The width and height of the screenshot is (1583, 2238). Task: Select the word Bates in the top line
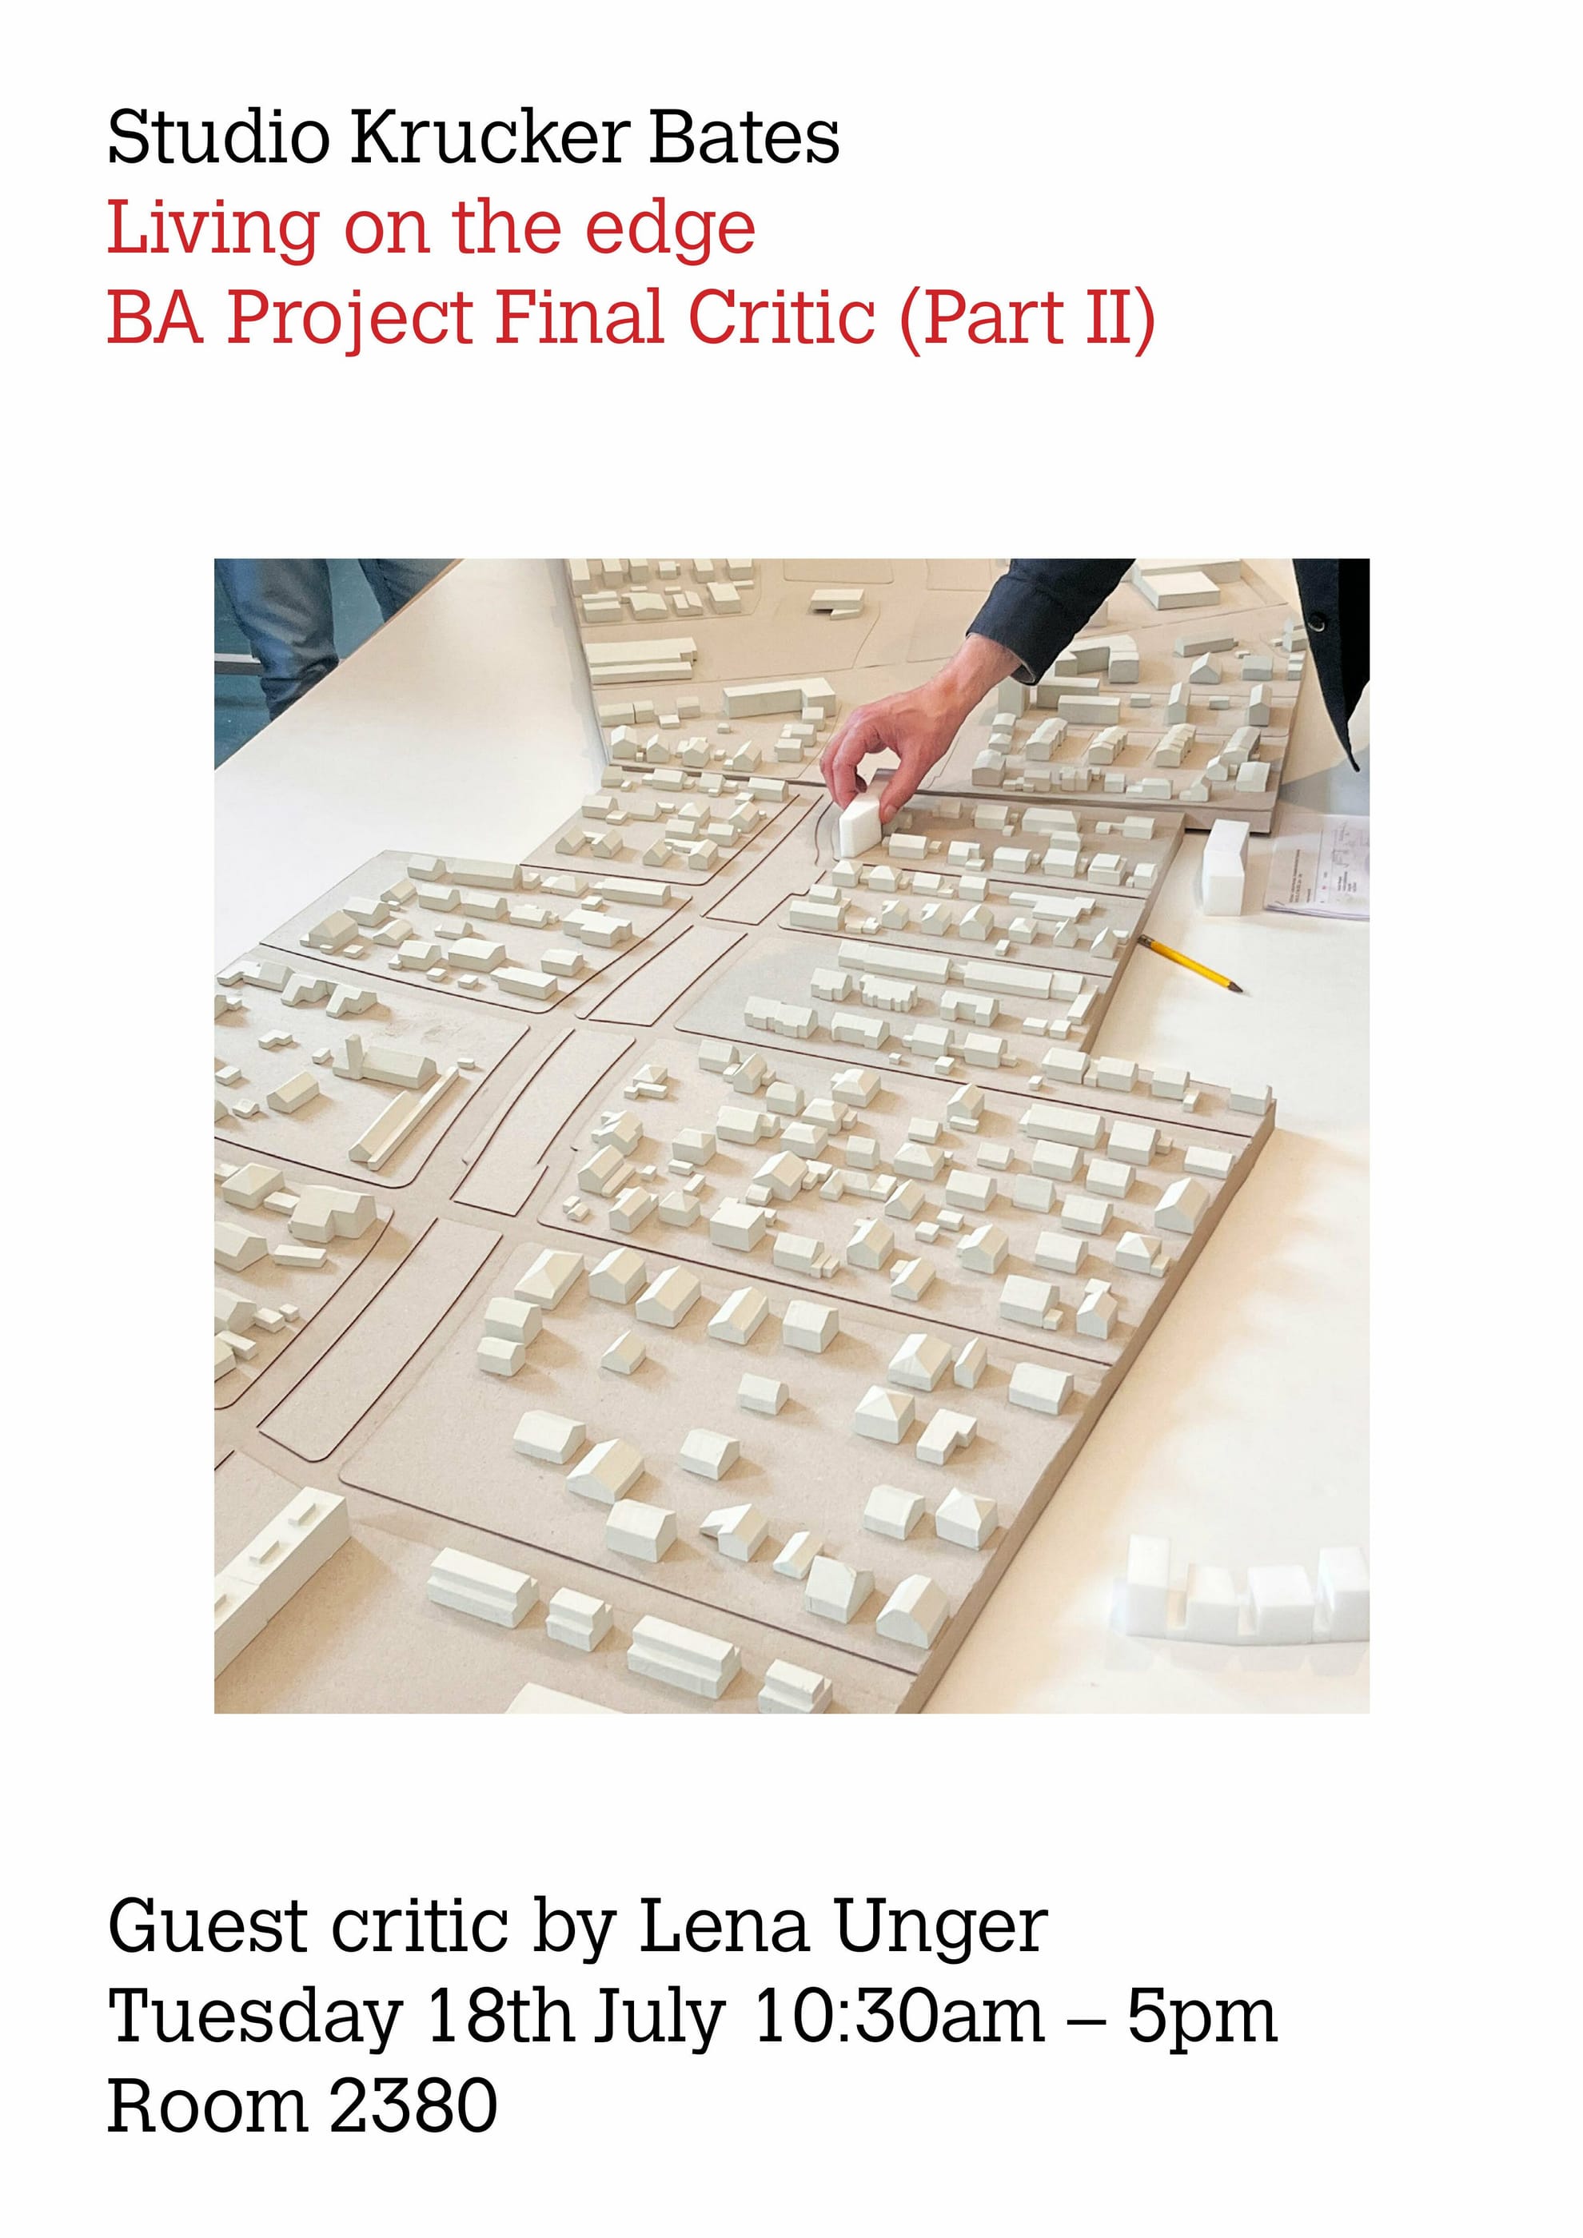744,137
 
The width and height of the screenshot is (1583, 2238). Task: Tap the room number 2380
413,2105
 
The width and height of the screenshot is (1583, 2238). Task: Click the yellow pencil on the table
1189,963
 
